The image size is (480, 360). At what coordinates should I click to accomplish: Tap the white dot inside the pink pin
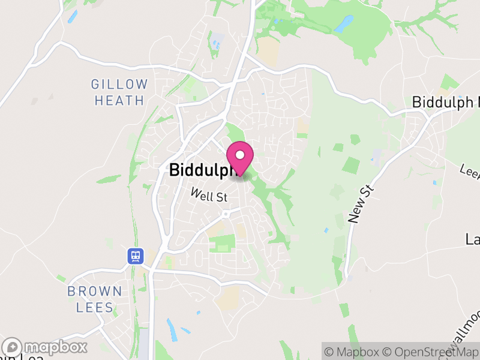click(241, 155)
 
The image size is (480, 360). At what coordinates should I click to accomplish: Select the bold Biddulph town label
click(201, 170)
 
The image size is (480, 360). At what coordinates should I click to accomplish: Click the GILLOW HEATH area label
click(119, 92)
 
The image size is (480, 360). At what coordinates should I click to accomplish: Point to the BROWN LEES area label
click(94, 299)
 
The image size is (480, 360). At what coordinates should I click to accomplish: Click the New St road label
click(361, 205)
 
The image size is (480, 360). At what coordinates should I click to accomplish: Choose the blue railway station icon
click(135, 256)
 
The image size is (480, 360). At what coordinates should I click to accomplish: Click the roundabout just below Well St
click(226, 214)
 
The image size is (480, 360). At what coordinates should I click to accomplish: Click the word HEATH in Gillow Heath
click(119, 100)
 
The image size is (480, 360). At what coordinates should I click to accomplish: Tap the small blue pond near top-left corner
click(73, 16)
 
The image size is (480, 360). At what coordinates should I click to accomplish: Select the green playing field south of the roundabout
click(222, 244)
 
